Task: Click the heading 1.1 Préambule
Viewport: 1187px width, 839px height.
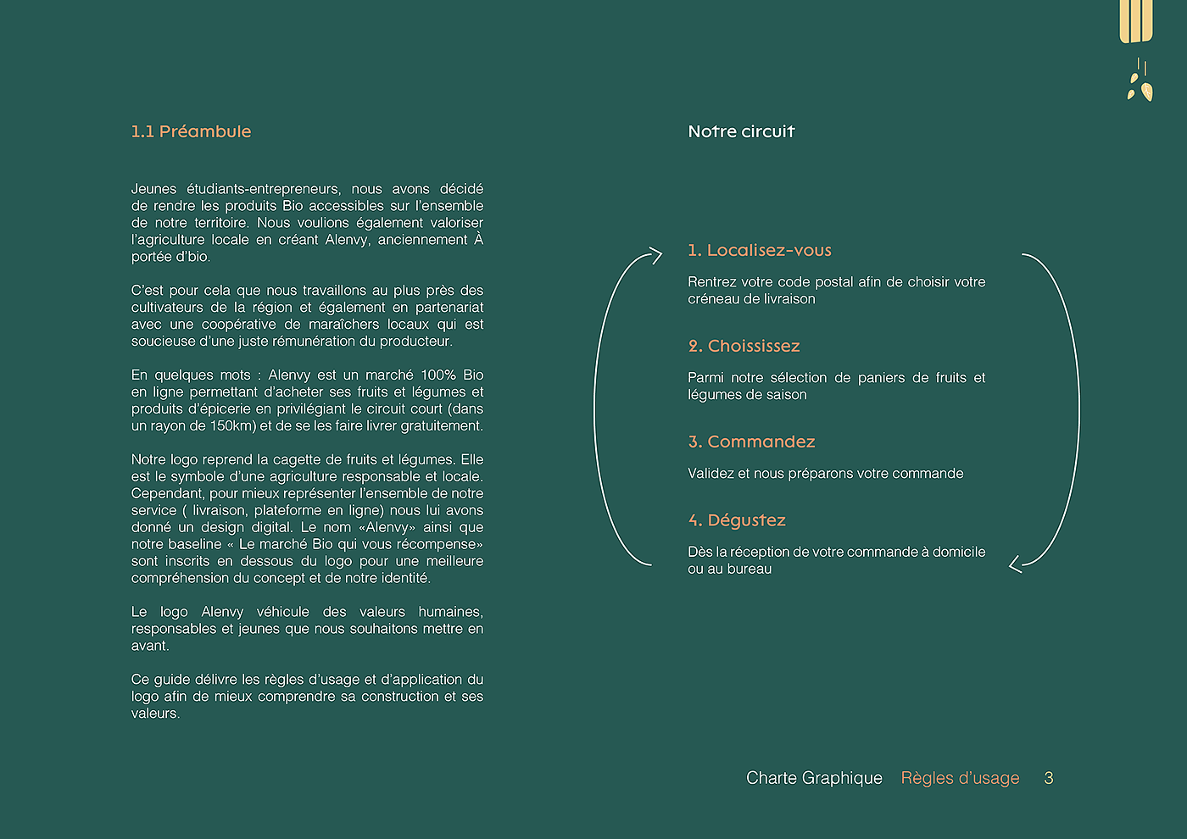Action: [191, 131]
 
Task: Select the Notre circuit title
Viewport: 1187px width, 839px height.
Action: [741, 131]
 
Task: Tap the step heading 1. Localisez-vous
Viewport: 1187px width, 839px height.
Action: [760, 250]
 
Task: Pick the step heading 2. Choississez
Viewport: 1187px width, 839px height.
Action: [744, 346]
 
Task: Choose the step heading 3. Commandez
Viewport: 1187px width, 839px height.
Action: [751, 442]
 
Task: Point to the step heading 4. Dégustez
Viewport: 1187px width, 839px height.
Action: [737, 520]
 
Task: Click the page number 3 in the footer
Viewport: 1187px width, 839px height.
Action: [1049, 778]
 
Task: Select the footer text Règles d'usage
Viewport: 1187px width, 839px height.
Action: [960, 778]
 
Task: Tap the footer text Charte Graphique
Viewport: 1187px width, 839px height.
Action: [814, 778]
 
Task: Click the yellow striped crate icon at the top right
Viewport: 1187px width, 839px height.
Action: [1136, 20]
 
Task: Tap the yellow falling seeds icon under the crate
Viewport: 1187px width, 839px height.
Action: [1140, 82]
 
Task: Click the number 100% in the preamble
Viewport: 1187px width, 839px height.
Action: [439, 375]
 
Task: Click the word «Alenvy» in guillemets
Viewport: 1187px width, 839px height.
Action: [387, 527]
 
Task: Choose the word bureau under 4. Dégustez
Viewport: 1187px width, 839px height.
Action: [750, 569]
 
